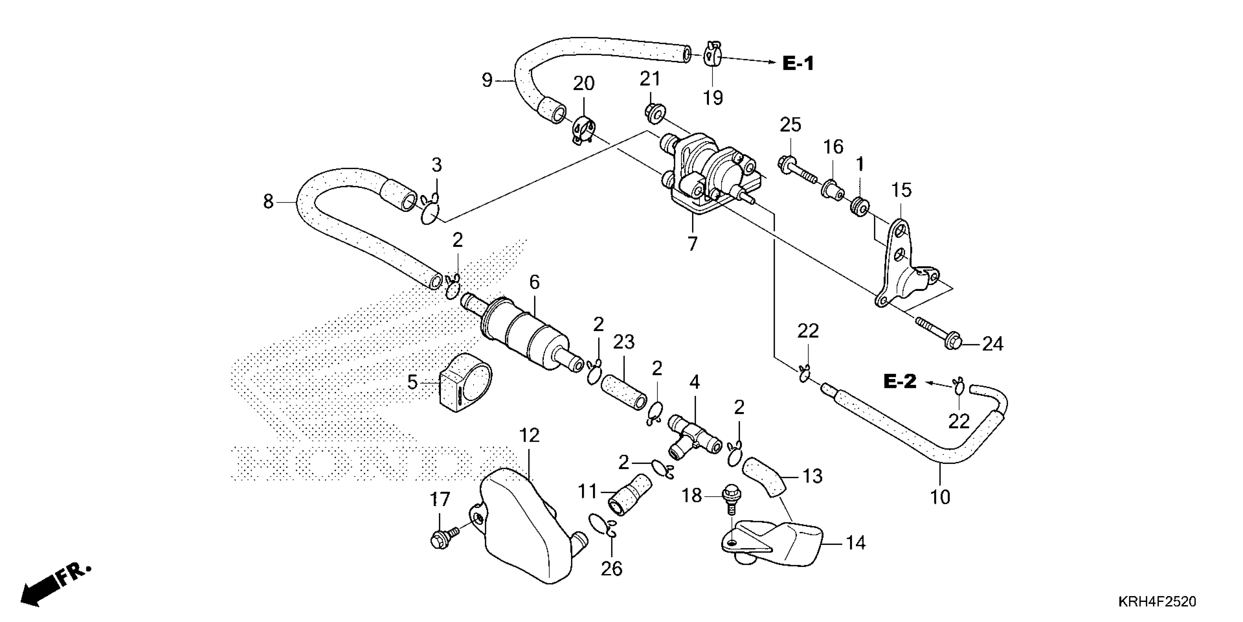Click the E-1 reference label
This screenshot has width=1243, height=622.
[798, 63]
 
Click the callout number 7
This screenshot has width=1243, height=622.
[692, 244]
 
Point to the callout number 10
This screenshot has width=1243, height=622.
[940, 497]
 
